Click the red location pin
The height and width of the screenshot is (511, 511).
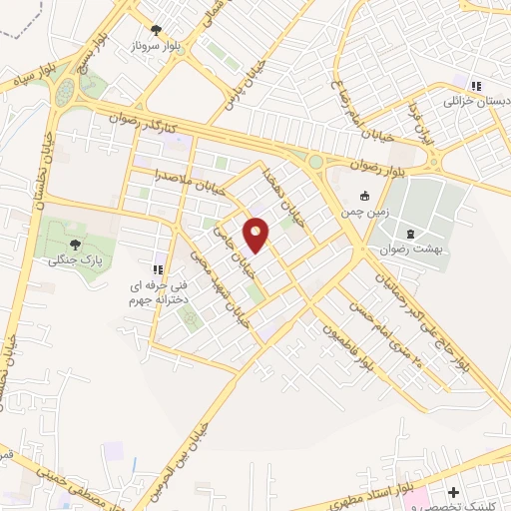point(256,234)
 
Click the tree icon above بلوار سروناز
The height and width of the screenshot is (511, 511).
point(155,30)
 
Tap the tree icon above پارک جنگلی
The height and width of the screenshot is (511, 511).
point(75,245)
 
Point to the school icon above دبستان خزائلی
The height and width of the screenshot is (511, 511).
point(476,85)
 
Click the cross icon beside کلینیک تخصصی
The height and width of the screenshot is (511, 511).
point(454,492)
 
